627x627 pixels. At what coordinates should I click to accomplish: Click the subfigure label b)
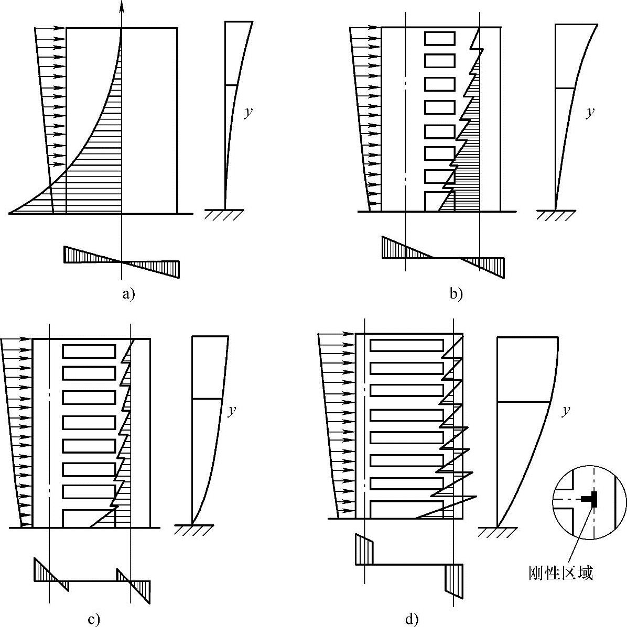click(x=456, y=294)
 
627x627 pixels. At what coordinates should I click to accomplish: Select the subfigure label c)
click(x=94, y=620)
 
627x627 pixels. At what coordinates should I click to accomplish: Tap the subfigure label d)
click(x=412, y=620)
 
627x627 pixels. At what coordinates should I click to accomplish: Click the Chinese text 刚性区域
click(x=561, y=573)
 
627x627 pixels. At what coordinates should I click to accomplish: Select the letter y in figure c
click(x=231, y=411)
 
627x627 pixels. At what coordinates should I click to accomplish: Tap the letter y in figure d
click(x=566, y=411)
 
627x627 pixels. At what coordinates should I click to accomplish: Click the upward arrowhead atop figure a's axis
click(x=122, y=6)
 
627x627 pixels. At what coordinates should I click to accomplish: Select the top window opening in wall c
click(x=89, y=351)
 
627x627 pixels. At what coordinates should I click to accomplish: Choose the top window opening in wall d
click(x=407, y=346)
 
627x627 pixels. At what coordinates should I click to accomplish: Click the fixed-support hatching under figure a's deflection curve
click(x=224, y=215)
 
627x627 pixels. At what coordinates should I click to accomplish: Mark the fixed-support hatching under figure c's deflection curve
click(x=193, y=530)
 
